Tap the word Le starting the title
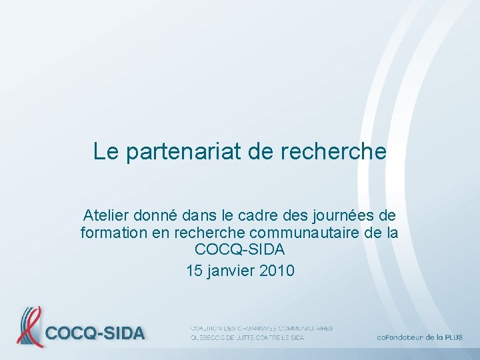tap(105, 151)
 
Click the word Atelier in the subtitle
tap(106, 215)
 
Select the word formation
tap(112, 233)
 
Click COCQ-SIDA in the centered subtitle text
tap(239, 251)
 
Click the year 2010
tap(276, 271)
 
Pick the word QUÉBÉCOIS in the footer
tap(207, 338)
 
